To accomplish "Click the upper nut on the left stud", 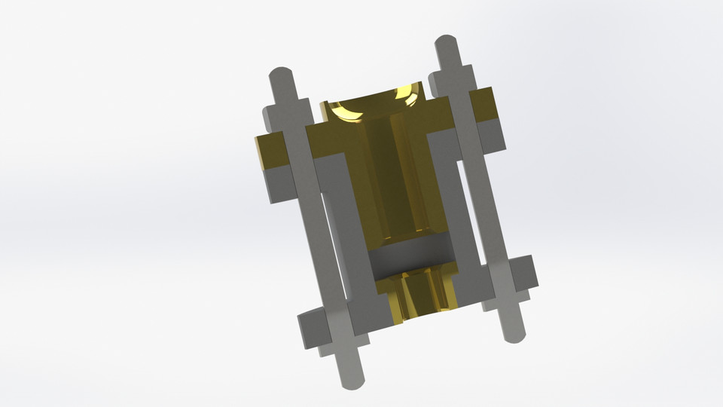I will coord(285,113).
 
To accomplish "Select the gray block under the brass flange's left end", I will coord(276,185).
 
